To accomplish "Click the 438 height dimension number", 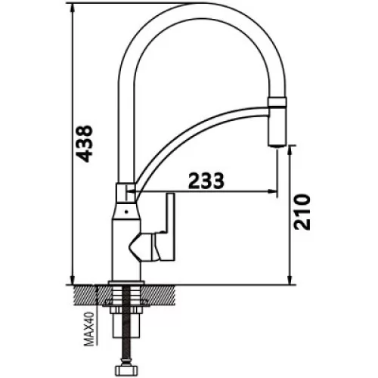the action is (85, 144).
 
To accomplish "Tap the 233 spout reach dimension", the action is (206, 181).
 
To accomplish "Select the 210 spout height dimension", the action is (302, 212).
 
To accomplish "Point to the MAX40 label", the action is (88, 329).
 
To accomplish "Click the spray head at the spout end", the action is (277, 122).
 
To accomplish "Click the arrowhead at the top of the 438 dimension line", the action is (73, 8).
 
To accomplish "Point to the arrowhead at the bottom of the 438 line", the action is (73, 280).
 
